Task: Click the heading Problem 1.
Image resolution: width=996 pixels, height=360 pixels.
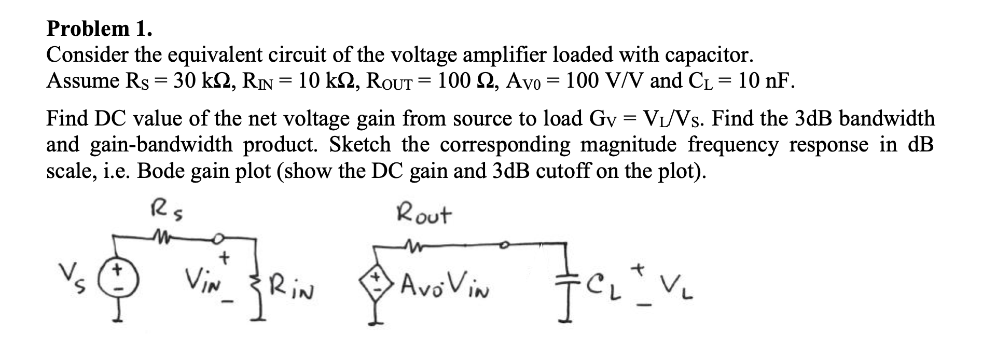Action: coord(100,29)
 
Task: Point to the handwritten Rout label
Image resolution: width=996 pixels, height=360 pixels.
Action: coord(424,214)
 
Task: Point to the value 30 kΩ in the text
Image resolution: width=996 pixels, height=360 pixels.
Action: coord(201,81)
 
